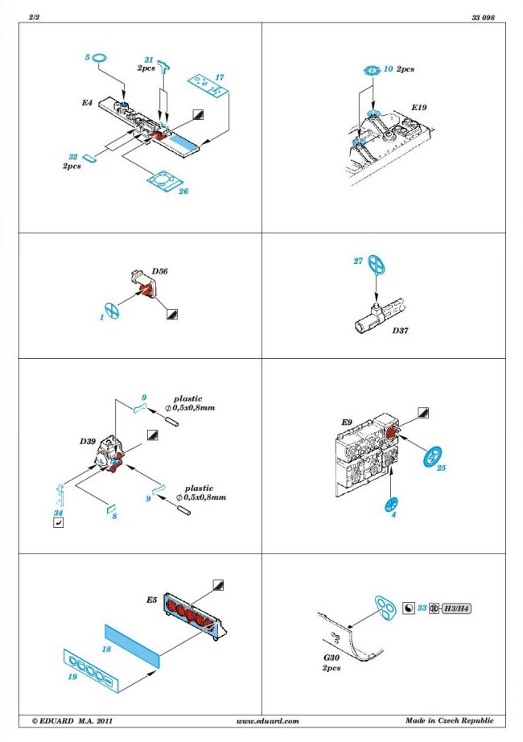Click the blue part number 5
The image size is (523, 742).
[x=86, y=58]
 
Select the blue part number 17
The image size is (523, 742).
[x=219, y=77]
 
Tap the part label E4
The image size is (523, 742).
[x=87, y=104]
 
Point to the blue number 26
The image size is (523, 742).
[x=183, y=192]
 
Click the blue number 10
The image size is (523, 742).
[x=389, y=70]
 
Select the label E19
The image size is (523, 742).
[x=420, y=107]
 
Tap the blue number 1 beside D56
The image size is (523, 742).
[x=102, y=318]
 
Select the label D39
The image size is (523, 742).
[x=88, y=442]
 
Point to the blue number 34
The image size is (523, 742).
[x=57, y=512]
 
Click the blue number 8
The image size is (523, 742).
[x=114, y=515]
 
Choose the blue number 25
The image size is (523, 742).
[x=441, y=468]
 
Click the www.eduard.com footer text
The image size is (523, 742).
[x=269, y=720]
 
